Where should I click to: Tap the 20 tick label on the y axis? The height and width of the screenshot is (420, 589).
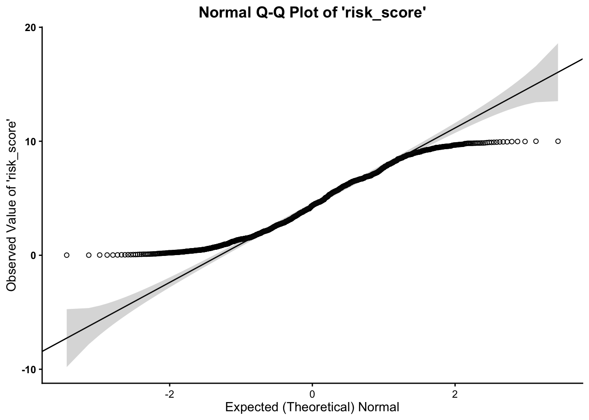(31, 28)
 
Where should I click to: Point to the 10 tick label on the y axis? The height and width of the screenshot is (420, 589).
(31, 141)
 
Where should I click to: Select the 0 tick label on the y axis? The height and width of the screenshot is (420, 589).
(33, 255)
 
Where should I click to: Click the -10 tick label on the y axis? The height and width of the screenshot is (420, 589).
(30, 369)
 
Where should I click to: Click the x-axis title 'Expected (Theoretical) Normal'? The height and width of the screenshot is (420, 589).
(312, 407)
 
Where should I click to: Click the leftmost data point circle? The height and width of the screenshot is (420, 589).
(67, 255)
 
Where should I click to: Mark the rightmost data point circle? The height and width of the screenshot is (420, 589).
(558, 141)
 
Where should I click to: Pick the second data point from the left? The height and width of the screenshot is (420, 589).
(89, 255)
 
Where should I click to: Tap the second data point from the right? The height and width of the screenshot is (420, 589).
(536, 141)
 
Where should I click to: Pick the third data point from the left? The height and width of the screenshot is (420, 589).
(99, 255)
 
